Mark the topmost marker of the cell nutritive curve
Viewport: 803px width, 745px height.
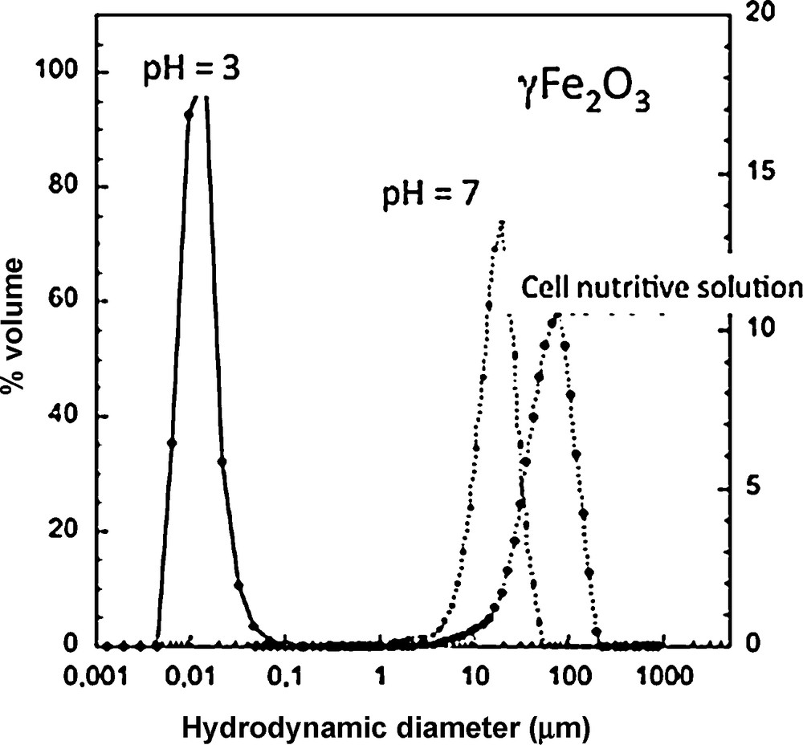pyautogui.click(x=552, y=323)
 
